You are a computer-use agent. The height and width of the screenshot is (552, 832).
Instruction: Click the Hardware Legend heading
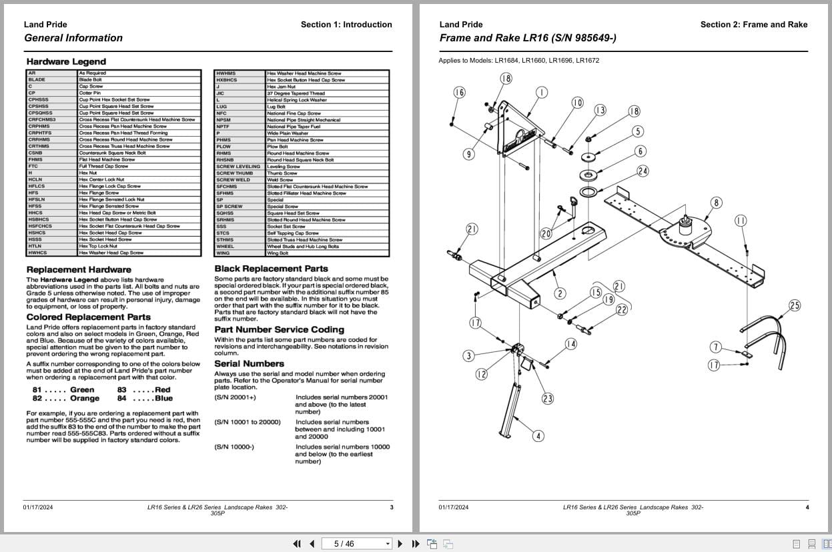coord(66,62)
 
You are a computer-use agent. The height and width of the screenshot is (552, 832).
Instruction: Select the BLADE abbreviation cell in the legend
coord(37,79)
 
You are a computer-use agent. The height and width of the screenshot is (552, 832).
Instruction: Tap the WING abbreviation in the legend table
coord(222,253)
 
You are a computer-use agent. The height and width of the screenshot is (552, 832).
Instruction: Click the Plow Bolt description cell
coord(277,147)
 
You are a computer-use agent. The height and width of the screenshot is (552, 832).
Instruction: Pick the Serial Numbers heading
coord(249,363)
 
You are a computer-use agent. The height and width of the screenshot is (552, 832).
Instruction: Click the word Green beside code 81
coord(82,389)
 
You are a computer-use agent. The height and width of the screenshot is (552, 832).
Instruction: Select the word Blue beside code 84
coord(163,398)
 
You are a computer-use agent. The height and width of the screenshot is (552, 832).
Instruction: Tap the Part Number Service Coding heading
coord(279,329)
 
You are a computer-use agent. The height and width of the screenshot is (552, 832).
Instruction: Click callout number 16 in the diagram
coord(459,93)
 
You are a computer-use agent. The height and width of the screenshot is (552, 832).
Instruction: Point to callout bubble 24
coord(643,171)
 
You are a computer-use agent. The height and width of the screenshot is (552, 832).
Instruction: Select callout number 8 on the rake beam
coord(716,203)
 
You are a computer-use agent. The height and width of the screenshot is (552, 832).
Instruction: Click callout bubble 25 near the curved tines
coord(794,305)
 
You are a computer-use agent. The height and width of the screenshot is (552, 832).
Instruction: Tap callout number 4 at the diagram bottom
coord(538,436)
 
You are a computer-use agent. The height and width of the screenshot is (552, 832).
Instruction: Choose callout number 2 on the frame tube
coord(560,293)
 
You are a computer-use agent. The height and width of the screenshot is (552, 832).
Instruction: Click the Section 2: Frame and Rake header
coord(753,25)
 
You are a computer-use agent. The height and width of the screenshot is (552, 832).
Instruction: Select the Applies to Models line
coord(518,60)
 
